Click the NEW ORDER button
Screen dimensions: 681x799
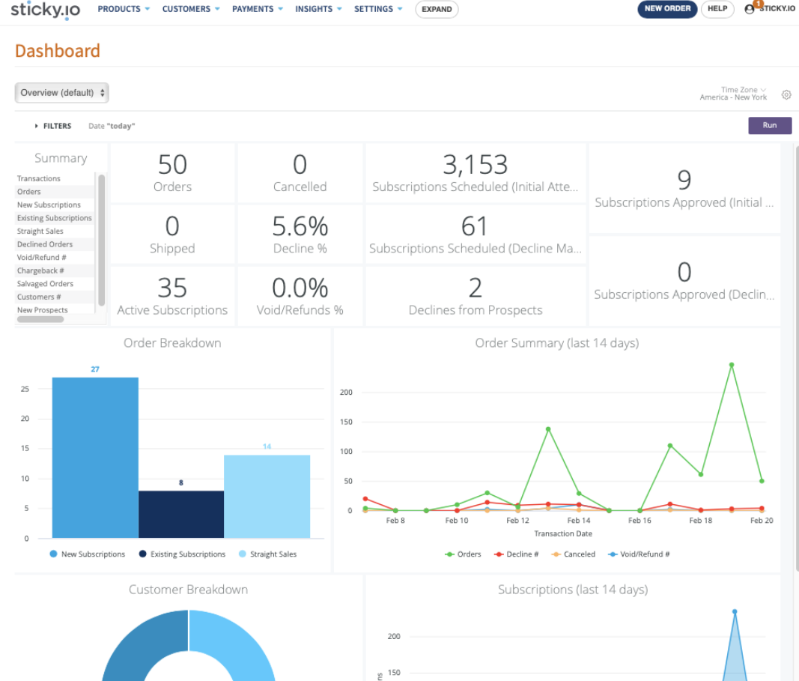pos(667,9)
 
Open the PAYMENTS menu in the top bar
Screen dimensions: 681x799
pos(257,9)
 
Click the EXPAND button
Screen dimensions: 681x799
pos(437,10)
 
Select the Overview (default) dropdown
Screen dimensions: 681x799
pos(62,93)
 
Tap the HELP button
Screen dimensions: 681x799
pos(717,9)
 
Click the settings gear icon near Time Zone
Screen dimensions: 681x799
pos(786,95)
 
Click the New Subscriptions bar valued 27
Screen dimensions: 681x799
pos(95,457)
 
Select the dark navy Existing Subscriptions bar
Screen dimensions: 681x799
pos(181,513)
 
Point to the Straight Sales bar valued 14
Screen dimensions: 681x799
pos(267,496)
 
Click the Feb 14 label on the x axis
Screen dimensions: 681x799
pos(578,520)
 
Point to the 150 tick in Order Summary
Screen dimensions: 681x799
pos(345,422)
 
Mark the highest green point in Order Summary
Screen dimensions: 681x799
pos(731,365)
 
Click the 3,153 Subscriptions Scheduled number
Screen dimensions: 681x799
pos(475,165)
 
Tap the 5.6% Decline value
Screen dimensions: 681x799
pos(300,226)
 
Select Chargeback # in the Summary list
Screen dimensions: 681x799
pos(40,270)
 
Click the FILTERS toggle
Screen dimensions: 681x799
pos(53,126)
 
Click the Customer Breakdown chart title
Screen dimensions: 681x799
pos(188,590)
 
